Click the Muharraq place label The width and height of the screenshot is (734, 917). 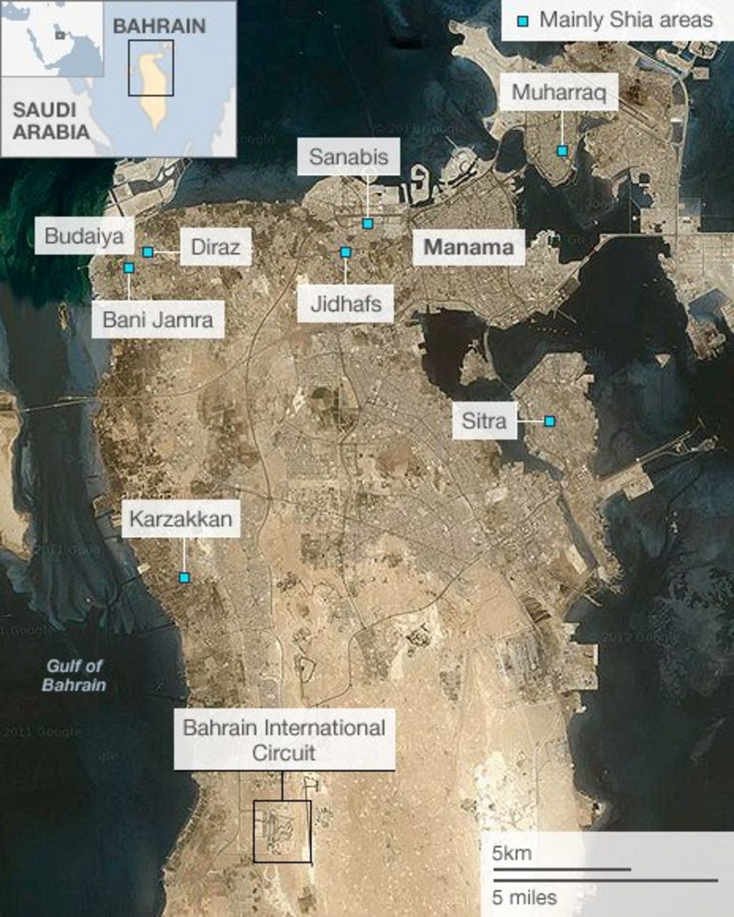559,92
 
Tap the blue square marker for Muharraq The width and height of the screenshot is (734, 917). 562,151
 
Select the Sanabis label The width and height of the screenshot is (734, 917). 348,156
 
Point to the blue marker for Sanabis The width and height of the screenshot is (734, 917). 367,223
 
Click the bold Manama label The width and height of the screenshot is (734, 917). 469,246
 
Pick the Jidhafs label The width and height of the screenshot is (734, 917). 345,304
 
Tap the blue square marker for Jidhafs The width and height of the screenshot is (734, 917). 345,253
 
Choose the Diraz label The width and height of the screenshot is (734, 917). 214,247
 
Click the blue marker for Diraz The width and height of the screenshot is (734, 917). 148,252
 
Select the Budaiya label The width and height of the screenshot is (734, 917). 84,235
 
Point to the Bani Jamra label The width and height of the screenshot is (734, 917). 158,319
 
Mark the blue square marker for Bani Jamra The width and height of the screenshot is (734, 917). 129,268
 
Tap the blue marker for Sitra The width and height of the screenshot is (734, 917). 550,422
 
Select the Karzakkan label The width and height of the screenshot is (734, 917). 180,519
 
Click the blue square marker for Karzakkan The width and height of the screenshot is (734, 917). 183,577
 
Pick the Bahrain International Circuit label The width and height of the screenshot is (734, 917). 284,740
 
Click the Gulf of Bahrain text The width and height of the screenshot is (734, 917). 74,675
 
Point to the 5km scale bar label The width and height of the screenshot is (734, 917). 512,854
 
